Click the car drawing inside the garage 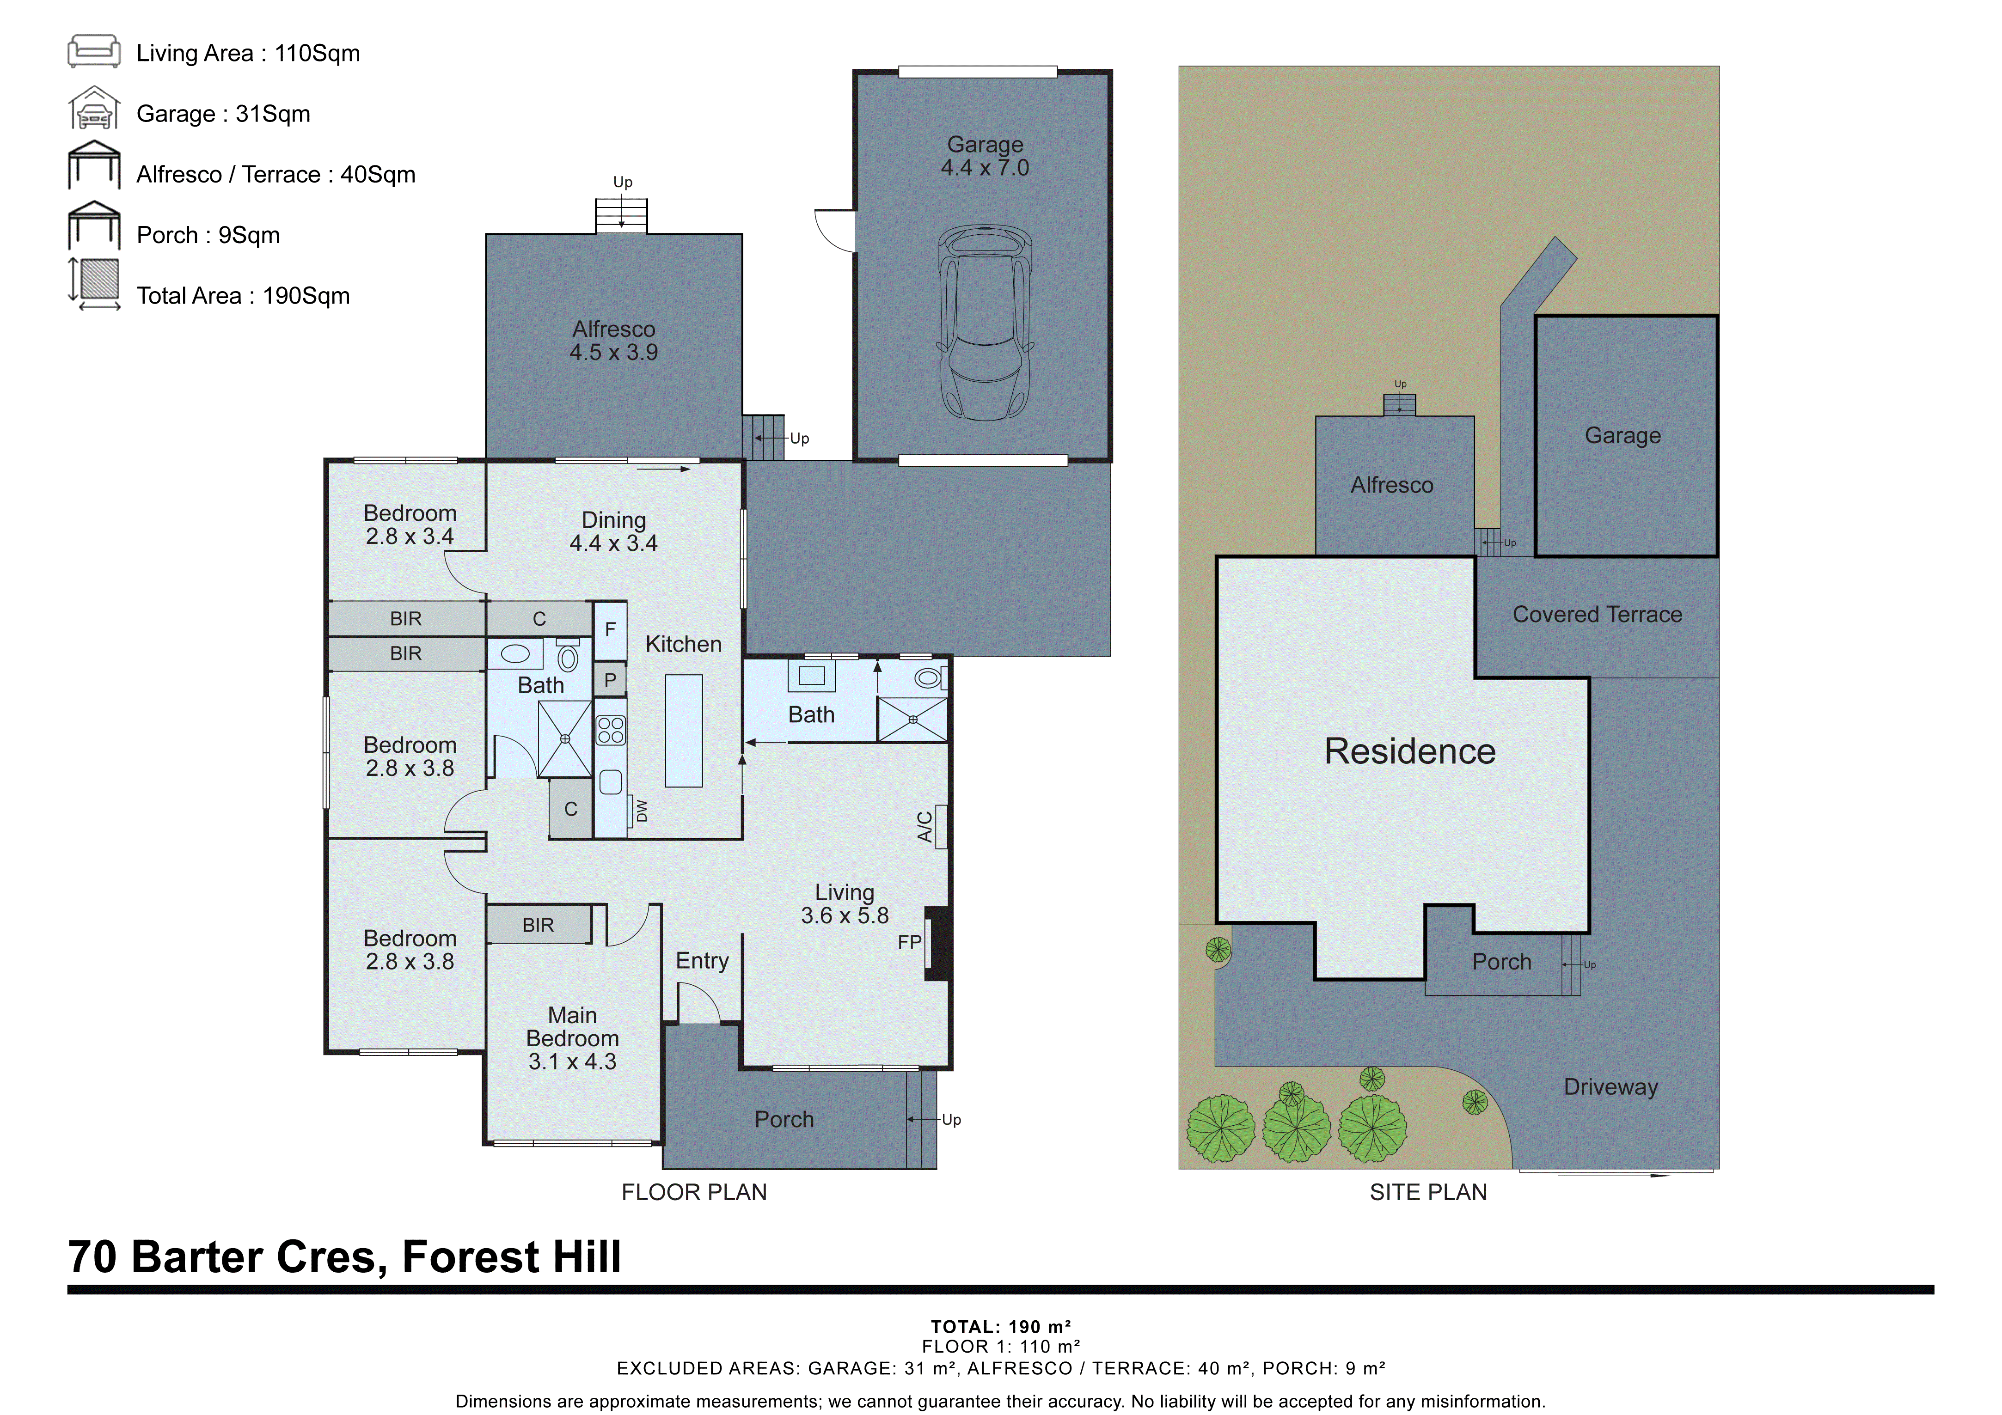coord(985,323)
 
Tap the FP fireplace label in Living coord(909,942)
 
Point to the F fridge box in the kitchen coord(610,629)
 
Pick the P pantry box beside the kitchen coord(610,680)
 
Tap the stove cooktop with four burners coord(610,731)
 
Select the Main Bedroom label coord(572,1038)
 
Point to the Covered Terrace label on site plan coord(1597,615)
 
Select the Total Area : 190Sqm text coord(243,296)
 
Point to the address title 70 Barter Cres coord(344,1257)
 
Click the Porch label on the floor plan coord(784,1119)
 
